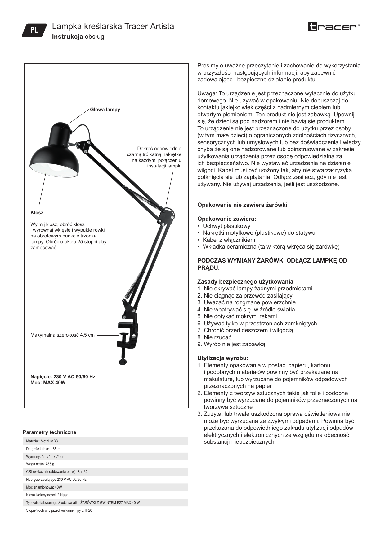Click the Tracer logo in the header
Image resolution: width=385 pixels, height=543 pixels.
334,27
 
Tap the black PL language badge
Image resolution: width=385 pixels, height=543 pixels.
34,30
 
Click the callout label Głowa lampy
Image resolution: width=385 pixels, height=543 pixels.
105,110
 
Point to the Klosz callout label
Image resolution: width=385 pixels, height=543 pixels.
37,213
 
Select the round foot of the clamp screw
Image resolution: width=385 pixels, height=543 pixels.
123,361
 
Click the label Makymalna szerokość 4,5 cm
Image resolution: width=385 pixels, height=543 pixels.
62,335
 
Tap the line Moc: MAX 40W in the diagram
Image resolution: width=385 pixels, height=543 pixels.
48,383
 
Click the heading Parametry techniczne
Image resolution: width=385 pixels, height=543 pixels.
50,432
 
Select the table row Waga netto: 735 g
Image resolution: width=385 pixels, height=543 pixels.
40,464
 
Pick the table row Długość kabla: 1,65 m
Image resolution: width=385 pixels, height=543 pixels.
43,449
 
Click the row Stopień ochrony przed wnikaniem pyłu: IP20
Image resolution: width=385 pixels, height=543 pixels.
59,510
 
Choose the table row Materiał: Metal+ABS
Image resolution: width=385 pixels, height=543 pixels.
42,441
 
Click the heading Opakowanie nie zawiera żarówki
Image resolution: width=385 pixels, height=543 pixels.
242,205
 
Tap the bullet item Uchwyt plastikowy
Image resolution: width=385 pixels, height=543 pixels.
226,226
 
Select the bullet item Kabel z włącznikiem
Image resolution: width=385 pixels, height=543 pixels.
229,240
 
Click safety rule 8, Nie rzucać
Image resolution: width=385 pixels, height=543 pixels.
217,337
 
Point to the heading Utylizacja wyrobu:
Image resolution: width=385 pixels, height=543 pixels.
223,358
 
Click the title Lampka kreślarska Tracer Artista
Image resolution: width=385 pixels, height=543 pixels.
113,26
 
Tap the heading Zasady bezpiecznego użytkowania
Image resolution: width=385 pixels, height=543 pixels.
245,282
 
